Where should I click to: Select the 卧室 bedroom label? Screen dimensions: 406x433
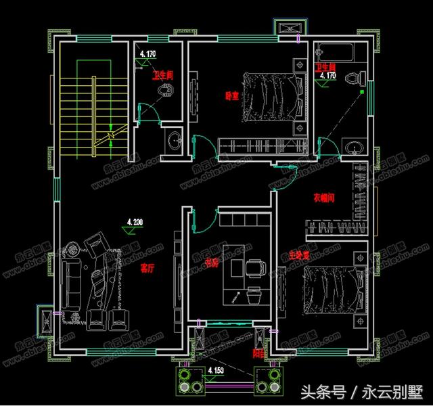pos(231,96)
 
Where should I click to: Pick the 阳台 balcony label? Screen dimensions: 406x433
pos(259,352)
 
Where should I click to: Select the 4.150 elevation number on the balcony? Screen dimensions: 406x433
pos(215,371)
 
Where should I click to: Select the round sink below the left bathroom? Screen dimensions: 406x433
pos(174,141)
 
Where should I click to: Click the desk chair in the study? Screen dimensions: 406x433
pos(256,267)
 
